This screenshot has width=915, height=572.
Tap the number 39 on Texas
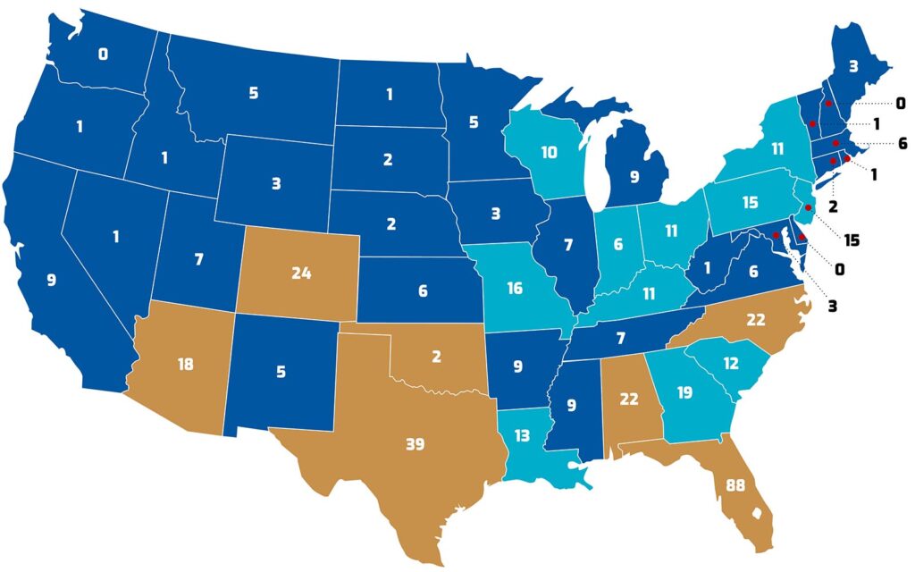click(415, 444)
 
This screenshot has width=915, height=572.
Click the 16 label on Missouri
click(516, 288)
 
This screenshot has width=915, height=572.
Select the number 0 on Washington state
click(103, 55)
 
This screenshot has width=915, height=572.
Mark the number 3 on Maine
click(853, 64)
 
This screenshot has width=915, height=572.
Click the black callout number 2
click(834, 206)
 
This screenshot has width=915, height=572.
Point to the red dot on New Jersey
click(809, 207)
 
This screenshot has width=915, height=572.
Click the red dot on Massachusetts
click(835, 143)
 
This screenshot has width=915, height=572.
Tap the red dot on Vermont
click(812, 123)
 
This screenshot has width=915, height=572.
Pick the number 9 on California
click(51, 280)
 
